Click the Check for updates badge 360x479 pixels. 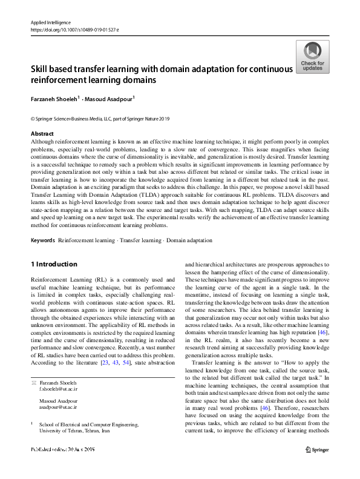tap(313, 58)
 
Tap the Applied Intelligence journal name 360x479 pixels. tap(50, 22)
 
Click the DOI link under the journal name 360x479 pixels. tap(74, 29)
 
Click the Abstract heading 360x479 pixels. tap(42, 133)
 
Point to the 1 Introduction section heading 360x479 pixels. tap(54, 264)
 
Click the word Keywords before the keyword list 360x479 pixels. tap(43, 240)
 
